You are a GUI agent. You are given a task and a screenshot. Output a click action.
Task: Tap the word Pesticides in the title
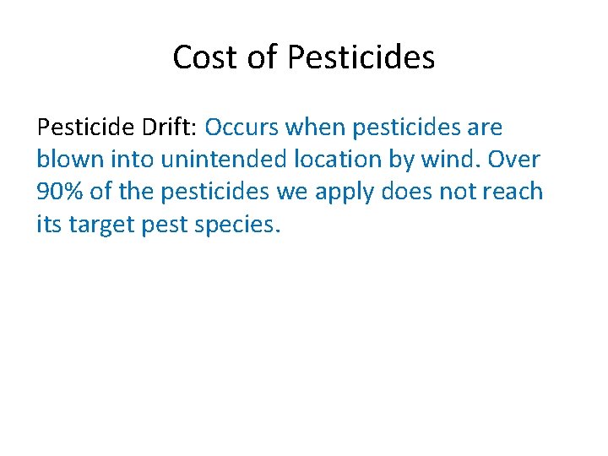pos(361,57)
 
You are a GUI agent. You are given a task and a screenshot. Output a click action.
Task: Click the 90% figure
pos(60,192)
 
